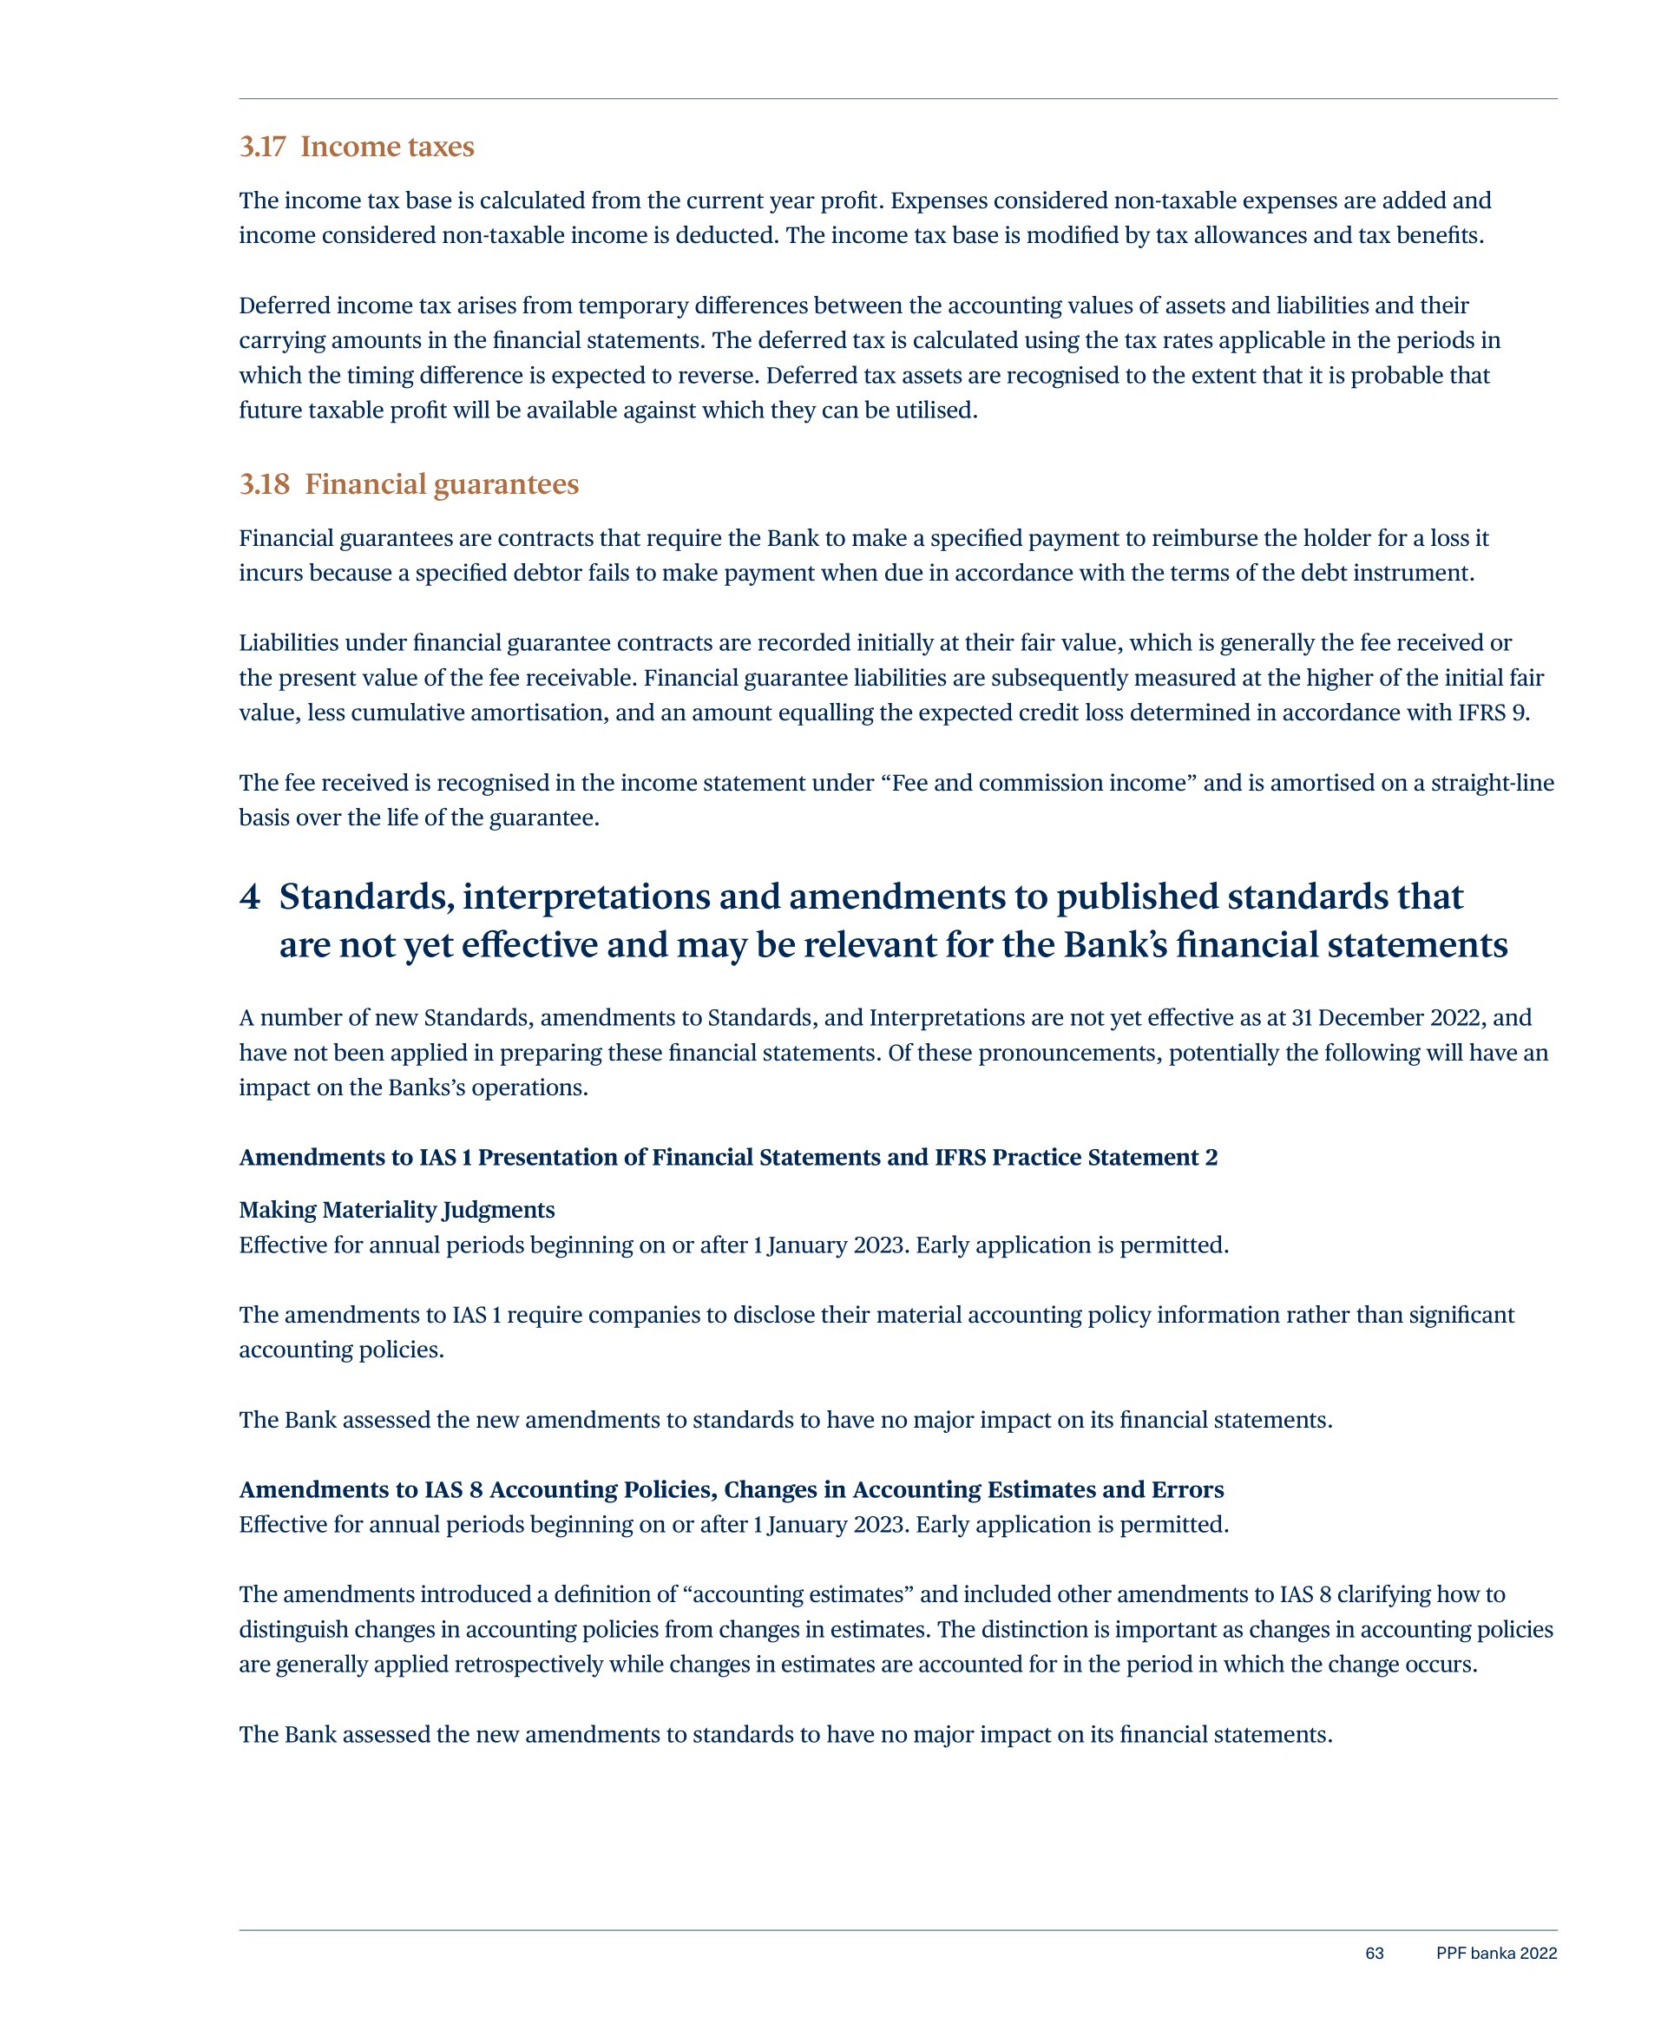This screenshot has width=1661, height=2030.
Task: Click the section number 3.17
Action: click(262, 147)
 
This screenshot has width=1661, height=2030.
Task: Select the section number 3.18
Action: click(264, 484)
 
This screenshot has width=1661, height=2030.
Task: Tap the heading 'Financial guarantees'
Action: click(441, 484)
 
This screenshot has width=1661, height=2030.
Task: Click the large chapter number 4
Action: click(250, 897)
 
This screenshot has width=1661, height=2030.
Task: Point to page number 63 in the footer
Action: click(1374, 1953)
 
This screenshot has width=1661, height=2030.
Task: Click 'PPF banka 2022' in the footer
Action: click(1495, 1953)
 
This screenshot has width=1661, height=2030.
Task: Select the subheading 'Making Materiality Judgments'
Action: click(396, 1209)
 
